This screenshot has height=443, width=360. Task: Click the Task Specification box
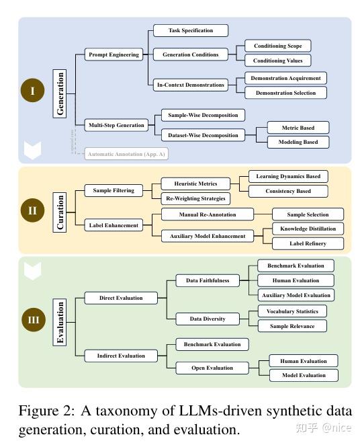(x=191, y=30)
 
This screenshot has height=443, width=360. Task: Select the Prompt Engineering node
(x=114, y=54)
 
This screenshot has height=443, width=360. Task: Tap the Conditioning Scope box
(x=277, y=46)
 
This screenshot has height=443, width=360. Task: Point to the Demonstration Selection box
(x=285, y=92)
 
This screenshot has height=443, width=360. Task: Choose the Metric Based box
(x=298, y=127)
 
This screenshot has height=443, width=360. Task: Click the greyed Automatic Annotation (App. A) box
(x=125, y=154)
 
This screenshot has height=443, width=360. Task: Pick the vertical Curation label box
(x=61, y=212)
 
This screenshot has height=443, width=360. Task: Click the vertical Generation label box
(x=61, y=93)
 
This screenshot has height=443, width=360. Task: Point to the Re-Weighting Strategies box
(x=195, y=198)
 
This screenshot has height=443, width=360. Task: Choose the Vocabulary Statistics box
(x=292, y=311)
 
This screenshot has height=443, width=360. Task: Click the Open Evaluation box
(x=211, y=368)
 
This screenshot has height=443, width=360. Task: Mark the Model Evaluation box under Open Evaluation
(x=304, y=375)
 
